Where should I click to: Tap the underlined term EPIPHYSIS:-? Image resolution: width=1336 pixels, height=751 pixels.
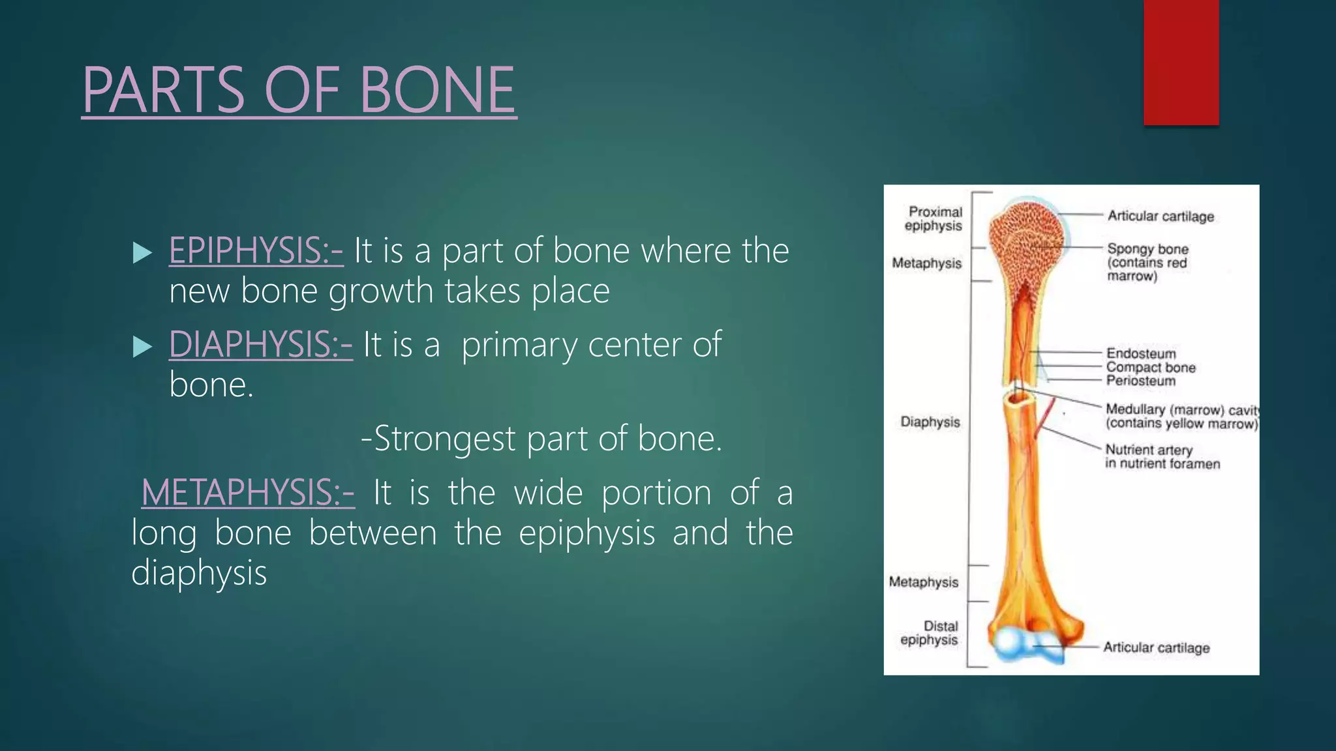click(256, 251)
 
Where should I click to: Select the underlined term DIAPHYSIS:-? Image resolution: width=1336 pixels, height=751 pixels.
click(261, 345)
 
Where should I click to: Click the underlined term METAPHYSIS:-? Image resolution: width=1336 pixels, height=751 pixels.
click(249, 493)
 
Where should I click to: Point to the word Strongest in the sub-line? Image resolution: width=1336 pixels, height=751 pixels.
click(444, 439)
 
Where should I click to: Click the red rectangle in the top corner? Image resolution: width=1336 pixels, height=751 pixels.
click(1181, 62)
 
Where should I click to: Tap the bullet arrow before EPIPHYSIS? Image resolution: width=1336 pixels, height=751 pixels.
click(142, 252)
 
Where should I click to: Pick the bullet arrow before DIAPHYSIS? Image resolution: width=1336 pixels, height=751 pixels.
click(142, 346)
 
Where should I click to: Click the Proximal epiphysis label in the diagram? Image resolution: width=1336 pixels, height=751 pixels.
click(934, 218)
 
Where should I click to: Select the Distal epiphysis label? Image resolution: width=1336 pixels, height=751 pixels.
click(930, 633)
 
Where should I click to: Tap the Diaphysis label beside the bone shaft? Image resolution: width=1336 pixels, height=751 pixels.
click(930, 422)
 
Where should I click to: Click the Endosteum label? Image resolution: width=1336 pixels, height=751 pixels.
click(1141, 353)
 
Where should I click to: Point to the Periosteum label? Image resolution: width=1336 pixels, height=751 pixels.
click(1141, 381)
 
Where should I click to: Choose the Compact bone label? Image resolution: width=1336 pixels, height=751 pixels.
click(1151, 367)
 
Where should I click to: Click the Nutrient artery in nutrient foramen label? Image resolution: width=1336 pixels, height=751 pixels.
click(1162, 456)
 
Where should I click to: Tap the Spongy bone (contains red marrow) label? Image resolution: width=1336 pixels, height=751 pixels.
click(1148, 262)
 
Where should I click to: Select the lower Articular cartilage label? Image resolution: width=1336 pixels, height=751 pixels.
click(1157, 647)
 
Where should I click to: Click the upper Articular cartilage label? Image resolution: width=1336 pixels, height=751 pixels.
click(1161, 216)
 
